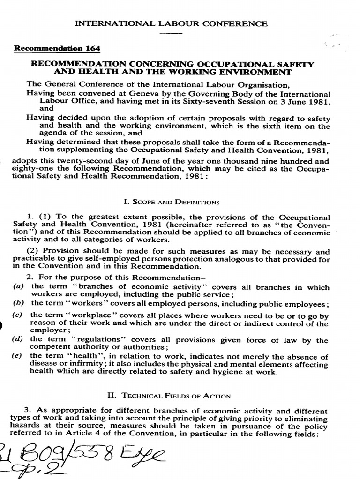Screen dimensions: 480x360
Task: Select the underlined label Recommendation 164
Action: point(57,48)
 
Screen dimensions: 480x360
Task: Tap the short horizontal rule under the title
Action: point(173,34)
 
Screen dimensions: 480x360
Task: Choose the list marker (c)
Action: point(19,315)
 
